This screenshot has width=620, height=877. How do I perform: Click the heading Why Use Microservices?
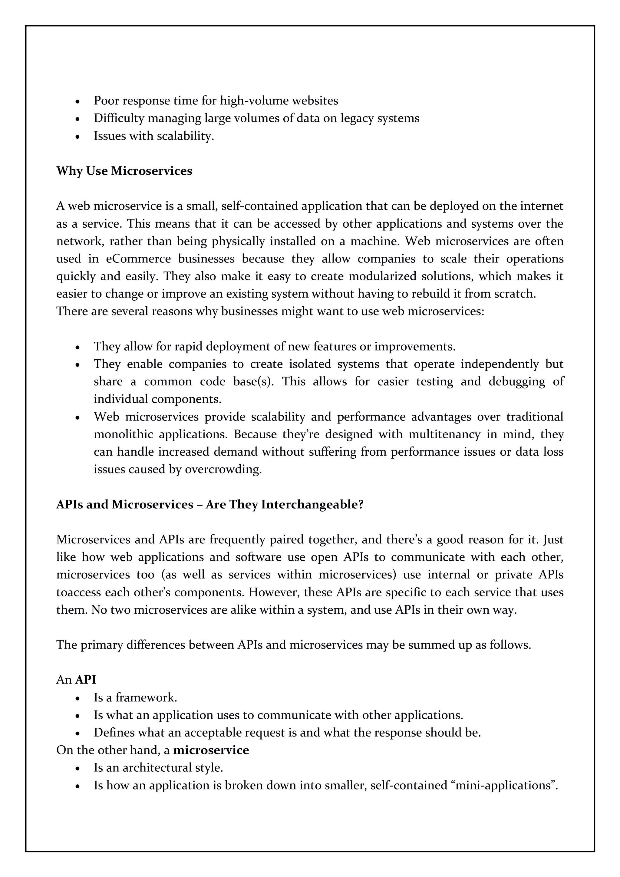pos(124,171)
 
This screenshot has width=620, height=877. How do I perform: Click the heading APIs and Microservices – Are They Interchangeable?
pos(210,505)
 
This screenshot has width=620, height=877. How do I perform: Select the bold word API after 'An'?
pos(86,680)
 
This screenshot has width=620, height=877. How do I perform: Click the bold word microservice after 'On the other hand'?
pos(211,750)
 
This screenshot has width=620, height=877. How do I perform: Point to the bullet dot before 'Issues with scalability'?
pos(77,136)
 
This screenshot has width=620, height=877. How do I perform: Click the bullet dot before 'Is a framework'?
pos(77,698)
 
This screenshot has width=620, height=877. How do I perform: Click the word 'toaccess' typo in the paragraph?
pos(79,592)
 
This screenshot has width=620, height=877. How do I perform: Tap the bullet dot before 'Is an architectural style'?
pos(77,768)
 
